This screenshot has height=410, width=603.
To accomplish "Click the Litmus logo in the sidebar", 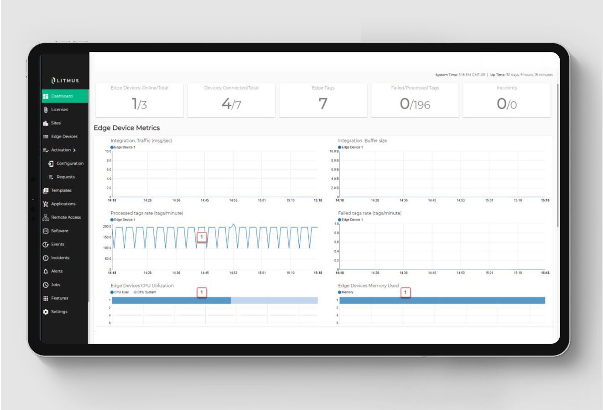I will [65, 81].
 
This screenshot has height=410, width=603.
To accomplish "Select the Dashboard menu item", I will [62, 96].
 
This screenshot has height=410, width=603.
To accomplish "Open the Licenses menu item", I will [59, 110].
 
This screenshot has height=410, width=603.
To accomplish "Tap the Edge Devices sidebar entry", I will [64, 137].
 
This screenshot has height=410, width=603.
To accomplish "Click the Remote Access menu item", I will [66, 217].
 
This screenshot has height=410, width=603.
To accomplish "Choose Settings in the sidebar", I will [59, 312].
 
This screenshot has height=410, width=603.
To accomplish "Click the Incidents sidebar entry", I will [60, 258].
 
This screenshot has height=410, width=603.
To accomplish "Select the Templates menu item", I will [61, 190].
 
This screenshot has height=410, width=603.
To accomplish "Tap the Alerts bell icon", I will [46, 272].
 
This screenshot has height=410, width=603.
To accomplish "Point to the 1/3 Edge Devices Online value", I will [139, 104].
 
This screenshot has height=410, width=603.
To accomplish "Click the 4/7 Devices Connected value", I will [231, 104].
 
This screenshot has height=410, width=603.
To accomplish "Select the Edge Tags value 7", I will [323, 104].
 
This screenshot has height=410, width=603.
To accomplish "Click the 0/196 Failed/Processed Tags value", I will [415, 104].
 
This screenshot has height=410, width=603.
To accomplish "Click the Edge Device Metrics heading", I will [127, 128].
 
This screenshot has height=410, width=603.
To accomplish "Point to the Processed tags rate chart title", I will [146, 213].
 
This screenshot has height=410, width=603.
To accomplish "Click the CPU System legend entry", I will [146, 292].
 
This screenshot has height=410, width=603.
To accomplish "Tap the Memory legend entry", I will [347, 292].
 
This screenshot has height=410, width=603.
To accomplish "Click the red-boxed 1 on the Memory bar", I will [405, 292].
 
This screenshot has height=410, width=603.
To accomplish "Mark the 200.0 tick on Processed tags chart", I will [107, 226].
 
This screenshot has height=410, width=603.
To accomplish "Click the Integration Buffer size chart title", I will [362, 141].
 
